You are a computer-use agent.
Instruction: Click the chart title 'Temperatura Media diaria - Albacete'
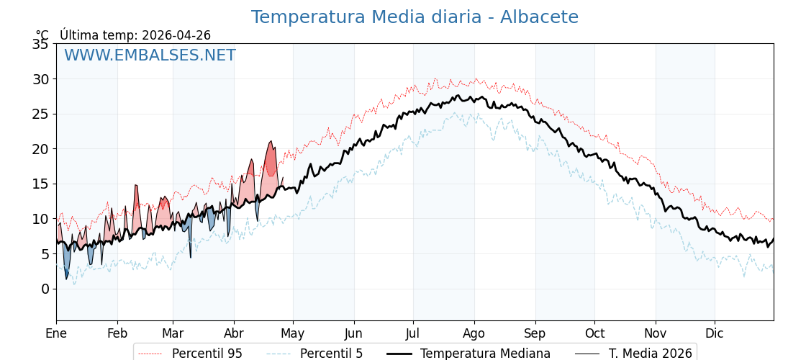(x=414, y=17)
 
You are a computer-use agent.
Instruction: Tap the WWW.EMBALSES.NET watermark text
(x=150, y=55)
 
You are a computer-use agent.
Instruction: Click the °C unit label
(x=42, y=35)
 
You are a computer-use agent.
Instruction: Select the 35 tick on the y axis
(x=40, y=44)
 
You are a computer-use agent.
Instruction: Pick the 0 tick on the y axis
(x=45, y=289)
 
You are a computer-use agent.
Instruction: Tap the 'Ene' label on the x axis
(x=56, y=334)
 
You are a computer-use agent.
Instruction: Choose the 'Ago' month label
(x=474, y=334)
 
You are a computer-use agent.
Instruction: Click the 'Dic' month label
(x=715, y=334)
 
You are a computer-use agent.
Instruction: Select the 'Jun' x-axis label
(x=354, y=334)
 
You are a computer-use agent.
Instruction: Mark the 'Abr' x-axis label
(x=234, y=334)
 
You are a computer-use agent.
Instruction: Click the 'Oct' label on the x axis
(x=594, y=334)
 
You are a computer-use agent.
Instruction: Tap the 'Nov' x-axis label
(x=656, y=334)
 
